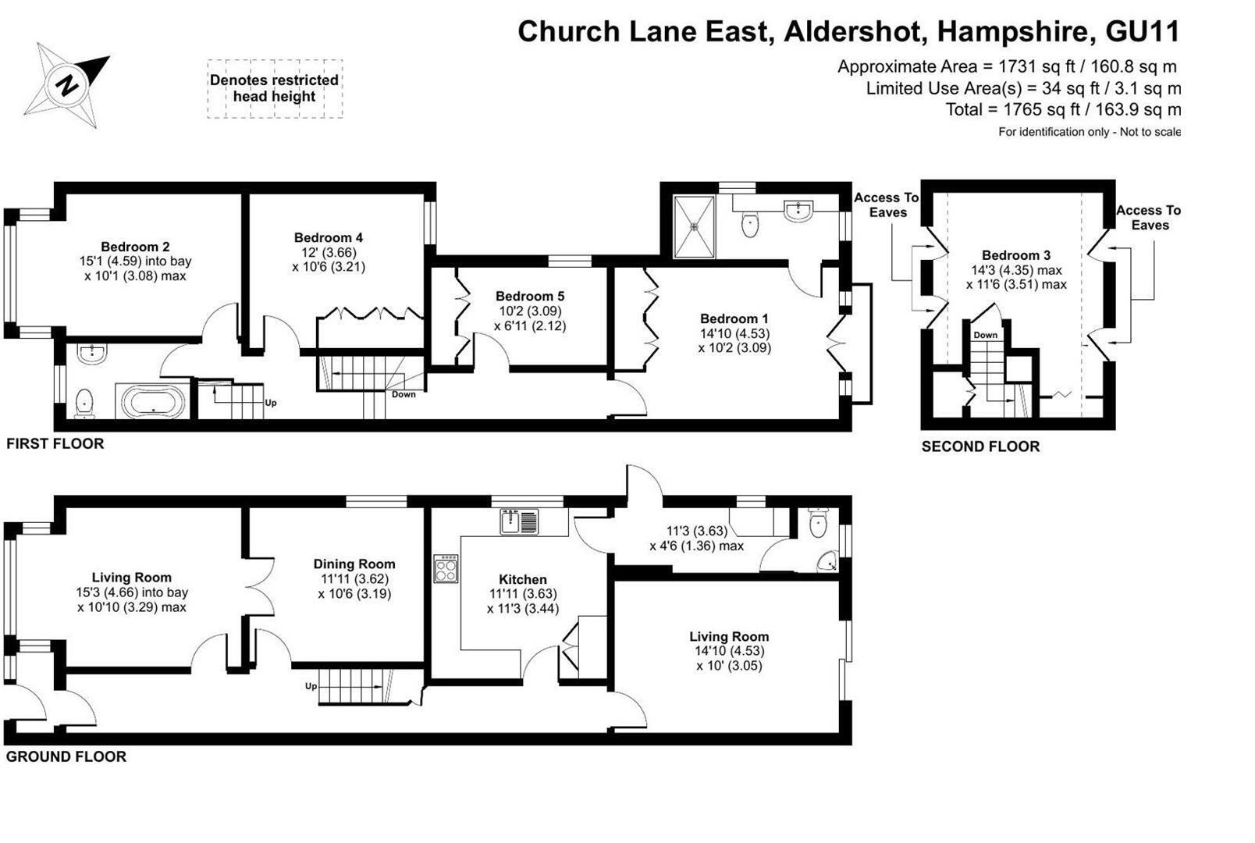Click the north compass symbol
coord(66,84)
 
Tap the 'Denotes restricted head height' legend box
coord(274,88)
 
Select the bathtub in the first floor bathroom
coord(152,403)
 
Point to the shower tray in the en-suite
coord(693,226)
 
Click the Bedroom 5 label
coord(530,296)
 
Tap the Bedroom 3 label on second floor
coord(1015,255)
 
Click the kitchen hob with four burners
coord(446,568)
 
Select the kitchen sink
coord(519,521)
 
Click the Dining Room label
coord(354,564)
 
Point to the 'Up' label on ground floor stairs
coord(311,687)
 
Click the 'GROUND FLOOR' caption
coord(66,756)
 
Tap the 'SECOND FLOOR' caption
coord(980,446)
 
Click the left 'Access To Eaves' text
coord(887,205)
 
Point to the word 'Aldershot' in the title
coord(855,31)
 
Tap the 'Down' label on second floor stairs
coord(985,335)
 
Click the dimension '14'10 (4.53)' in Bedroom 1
coord(734,333)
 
